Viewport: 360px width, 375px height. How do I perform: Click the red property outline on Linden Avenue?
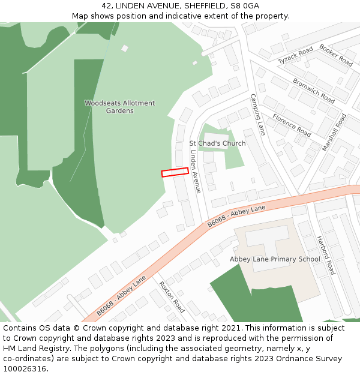coord(175,172)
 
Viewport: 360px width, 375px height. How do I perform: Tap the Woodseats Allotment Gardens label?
coord(119,107)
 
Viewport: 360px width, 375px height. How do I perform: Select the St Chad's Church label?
coord(217,143)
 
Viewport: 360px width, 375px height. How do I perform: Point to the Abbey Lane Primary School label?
coord(275,259)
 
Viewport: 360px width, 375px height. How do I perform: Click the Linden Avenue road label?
coord(195,171)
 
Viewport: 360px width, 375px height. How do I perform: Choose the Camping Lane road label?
coord(257,114)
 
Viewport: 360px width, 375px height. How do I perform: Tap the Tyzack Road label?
coord(295,55)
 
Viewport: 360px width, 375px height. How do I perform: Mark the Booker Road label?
coord(336,55)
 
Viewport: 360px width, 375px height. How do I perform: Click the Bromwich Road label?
coord(313,90)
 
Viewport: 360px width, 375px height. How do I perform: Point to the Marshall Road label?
coord(334,132)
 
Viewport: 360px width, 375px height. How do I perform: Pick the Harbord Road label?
coord(326,255)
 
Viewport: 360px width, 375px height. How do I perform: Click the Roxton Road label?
coord(172,296)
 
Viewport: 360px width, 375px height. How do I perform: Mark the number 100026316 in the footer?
coord(25,369)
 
